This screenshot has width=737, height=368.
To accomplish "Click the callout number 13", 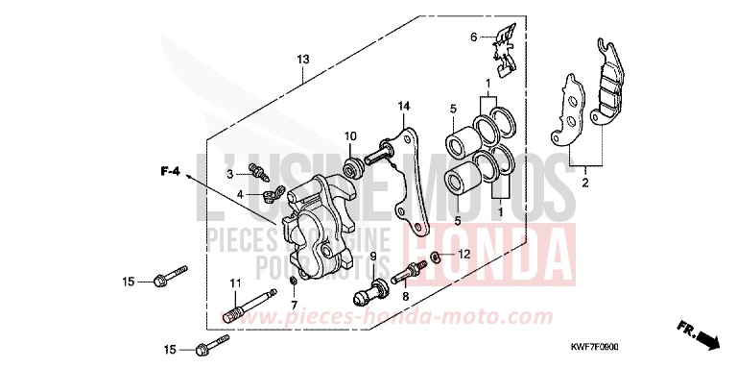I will coord(302,60).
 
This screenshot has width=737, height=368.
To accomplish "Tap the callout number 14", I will coord(404,105).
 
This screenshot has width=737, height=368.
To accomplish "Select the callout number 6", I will coord(473,37).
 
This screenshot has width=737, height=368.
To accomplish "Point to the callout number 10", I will coord(351,135).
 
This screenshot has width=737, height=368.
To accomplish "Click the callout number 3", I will coord(230,174).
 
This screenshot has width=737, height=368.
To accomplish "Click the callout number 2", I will coord(585,181).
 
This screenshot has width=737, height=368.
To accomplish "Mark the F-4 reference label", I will coord(170,171).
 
